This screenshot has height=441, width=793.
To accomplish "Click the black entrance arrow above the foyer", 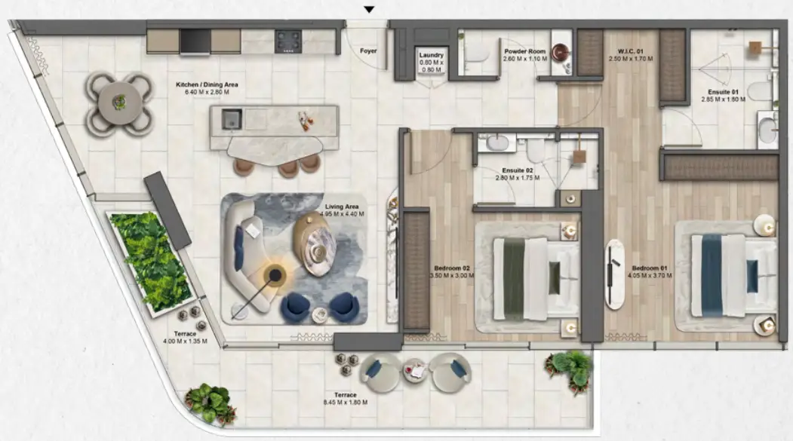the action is coord(370,10).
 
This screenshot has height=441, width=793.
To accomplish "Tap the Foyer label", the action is coord(368,51).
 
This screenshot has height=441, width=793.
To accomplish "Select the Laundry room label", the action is coord(432,55).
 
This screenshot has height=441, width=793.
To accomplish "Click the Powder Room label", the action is coord(525,51).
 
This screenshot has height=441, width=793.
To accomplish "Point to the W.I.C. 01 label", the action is coord(631,51).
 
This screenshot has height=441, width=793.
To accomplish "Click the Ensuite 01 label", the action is coord(724,92).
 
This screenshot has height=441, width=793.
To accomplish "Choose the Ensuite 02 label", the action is coord(518,170).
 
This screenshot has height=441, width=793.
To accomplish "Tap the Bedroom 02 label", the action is coord(452,268).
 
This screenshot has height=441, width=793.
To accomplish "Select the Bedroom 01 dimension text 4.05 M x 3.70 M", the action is coord(650,276).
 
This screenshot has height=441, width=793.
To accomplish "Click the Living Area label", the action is coord(342,207).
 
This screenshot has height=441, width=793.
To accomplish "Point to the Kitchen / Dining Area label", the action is coord(207,85).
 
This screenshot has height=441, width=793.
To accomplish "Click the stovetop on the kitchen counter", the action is coord(288,41).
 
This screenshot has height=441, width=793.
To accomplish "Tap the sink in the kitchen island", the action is coord(232,120).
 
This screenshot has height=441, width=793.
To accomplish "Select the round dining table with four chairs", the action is coord(119,103).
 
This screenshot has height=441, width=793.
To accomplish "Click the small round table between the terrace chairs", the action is coord(416,372).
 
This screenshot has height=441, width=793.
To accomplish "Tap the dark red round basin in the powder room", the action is coord(561,52).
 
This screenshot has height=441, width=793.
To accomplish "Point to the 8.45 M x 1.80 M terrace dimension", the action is coord(346,403).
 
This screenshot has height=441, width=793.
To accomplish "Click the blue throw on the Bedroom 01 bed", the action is coord(712,275).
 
